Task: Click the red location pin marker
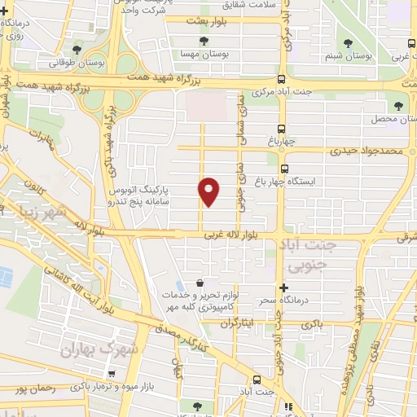(x=209, y=190)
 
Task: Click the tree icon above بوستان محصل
(x=398, y=105)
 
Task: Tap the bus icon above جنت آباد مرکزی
(x=281, y=80)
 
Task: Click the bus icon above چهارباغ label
(x=281, y=129)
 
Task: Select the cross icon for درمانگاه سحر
(x=284, y=288)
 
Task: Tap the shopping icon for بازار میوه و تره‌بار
(x=122, y=374)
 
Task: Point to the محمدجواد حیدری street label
(x=367, y=151)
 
